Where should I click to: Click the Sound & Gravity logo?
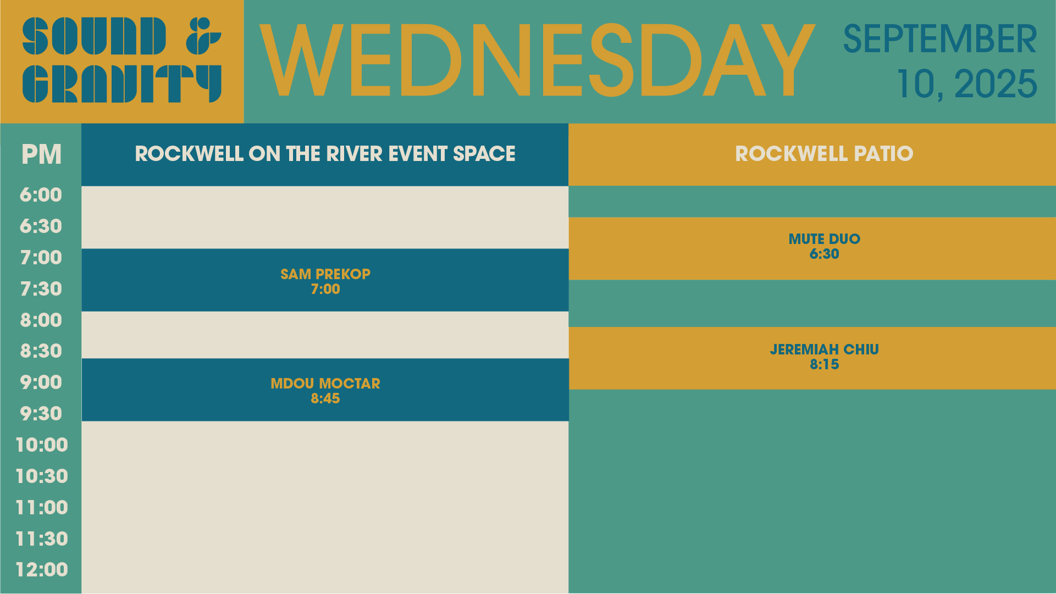click(x=122, y=60)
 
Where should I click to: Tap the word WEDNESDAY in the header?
click(x=537, y=61)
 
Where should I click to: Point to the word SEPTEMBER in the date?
click(x=940, y=39)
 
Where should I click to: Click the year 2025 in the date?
click(x=996, y=84)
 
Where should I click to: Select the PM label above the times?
click(x=41, y=154)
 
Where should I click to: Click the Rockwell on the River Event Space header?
click(x=325, y=154)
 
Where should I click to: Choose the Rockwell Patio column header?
click(x=824, y=154)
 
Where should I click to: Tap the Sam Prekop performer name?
click(x=325, y=274)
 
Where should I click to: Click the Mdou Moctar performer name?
click(x=325, y=384)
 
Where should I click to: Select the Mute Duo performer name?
click(x=824, y=239)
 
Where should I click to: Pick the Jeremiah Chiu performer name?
click(x=824, y=349)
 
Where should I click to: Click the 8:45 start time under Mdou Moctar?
click(x=325, y=398)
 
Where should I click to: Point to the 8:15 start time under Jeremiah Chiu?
click(x=824, y=364)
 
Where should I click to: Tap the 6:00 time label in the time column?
click(x=41, y=195)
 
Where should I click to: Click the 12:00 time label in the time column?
click(x=42, y=570)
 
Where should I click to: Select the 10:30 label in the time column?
click(x=42, y=476)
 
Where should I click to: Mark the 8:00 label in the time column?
click(x=41, y=320)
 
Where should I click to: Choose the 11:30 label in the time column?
click(x=42, y=539)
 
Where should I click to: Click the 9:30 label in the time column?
click(x=41, y=414)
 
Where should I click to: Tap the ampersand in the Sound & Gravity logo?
click(x=203, y=36)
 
